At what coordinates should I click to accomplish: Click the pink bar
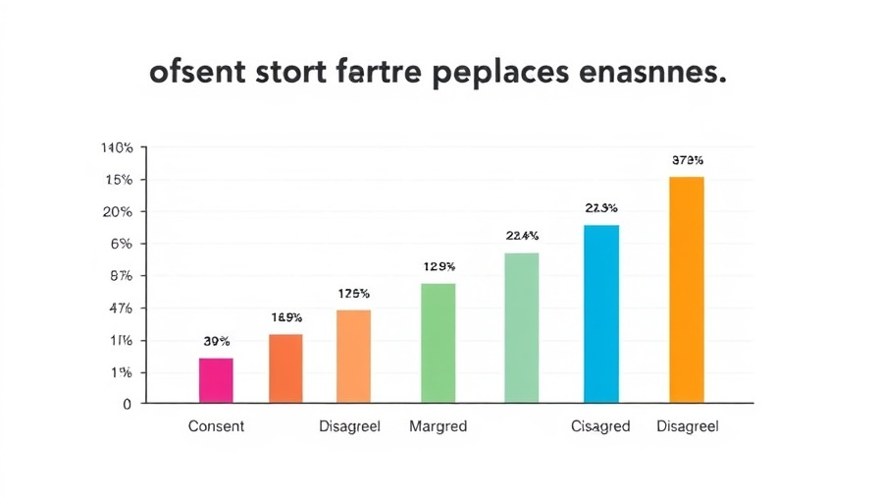pos(216,380)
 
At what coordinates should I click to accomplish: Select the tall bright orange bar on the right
pos(686,290)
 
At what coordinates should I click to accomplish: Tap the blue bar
pos(601,314)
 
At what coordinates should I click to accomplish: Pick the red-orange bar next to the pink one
pos(285,368)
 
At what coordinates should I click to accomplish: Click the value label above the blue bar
pos(600,208)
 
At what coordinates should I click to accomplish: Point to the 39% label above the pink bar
pos(216,342)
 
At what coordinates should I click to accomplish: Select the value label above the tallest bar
pos(687,159)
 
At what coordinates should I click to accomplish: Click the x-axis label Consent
pos(215,427)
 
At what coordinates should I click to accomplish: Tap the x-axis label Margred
pos(438,427)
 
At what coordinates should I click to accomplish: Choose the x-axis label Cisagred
pos(600,427)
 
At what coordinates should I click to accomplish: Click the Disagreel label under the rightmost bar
pos(687,427)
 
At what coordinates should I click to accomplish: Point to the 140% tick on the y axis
pos(117,148)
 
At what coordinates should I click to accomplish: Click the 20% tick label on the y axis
pos(117,212)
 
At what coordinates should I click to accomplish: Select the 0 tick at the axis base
pos(127,404)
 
